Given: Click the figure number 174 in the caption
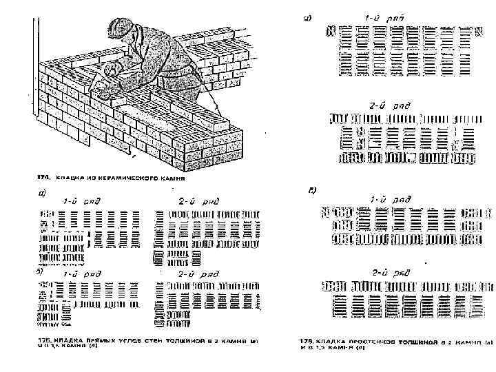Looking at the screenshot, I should [x=42, y=176].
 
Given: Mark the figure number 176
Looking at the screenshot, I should [x=306, y=341].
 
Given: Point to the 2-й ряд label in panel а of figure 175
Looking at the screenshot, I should [x=198, y=201].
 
